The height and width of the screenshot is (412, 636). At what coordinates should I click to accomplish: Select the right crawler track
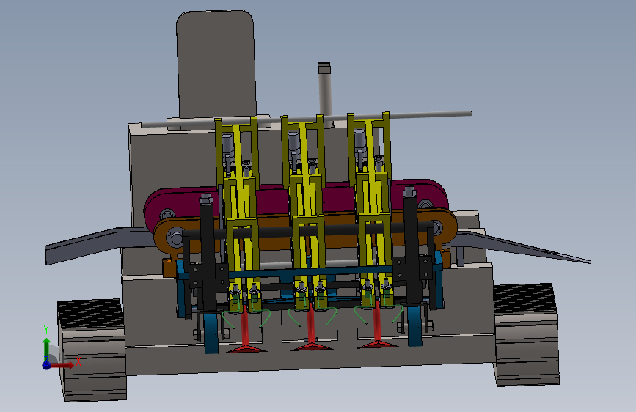(x=526, y=334)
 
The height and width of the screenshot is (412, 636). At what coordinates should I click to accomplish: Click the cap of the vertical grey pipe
(x=324, y=67)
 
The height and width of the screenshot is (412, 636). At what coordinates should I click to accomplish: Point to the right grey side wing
(x=523, y=246)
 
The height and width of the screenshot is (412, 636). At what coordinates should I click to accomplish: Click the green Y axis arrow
(x=46, y=345)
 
